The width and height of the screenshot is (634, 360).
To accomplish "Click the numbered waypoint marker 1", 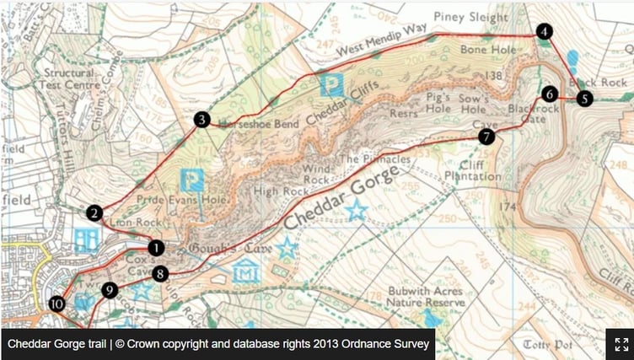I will [156, 248].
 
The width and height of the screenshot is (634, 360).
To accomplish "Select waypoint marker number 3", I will [201, 120].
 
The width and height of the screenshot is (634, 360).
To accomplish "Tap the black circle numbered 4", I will [545, 32].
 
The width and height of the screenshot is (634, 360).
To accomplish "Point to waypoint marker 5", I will [584, 99].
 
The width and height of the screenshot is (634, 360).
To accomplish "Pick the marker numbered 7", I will [486, 137].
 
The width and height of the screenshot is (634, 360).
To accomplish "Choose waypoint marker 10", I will [56, 304].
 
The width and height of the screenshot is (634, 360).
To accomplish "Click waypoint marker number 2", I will [94, 213].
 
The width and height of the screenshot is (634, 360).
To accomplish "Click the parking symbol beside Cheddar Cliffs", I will [333, 85].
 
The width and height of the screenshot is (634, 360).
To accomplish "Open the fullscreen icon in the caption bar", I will [621, 344].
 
